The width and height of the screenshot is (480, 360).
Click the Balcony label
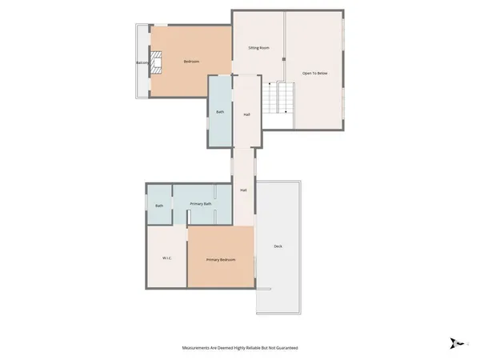[x=142, y=62]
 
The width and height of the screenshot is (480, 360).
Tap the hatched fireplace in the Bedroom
[x=158, y=62]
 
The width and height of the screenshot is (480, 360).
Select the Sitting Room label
[x=258, y=48]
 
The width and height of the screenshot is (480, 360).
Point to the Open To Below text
[x=314, y=73]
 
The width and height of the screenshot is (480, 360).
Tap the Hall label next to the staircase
[x=247, y=114]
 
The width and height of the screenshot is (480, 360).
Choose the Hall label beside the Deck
[x=242, y=190]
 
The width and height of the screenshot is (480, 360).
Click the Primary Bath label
[x=201, y=205]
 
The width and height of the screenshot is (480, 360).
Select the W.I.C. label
[x=167, y=258]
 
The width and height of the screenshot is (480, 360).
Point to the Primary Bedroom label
[x=220, y=260]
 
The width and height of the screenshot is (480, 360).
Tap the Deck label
[x=278, y=246]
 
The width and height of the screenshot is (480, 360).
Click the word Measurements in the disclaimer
[x=197, y=348]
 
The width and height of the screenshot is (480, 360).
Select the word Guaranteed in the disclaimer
[x=286, y=348]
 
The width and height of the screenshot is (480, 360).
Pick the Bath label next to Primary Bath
[x=159, y=206]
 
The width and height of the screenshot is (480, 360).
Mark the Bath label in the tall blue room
[x=220, y=112]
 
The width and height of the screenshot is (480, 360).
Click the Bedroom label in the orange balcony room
[x=191, y=62]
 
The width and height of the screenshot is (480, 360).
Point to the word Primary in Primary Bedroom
[x=212, y=260]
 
